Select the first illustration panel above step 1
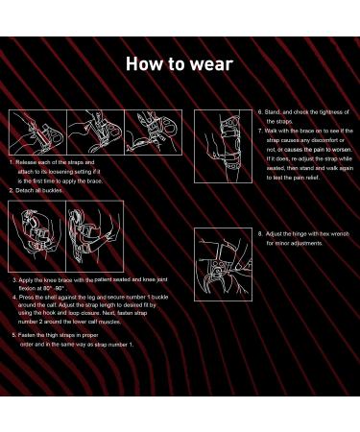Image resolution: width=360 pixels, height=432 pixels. [x=36, y=132]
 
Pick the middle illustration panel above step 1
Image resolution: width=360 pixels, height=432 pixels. [x=95, y=132]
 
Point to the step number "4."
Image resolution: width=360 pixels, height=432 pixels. [x=14, y=297]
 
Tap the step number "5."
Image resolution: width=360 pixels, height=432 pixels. [x=14, y=335]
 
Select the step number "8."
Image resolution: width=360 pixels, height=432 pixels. [x=260, y=233]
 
